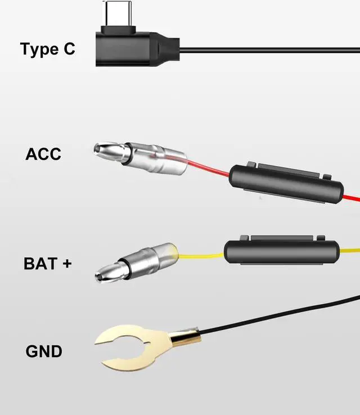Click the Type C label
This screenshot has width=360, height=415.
click(x=47, y=49)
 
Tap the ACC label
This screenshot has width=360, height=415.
click(x=43, y=154)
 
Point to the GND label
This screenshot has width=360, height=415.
click(x=44, y=352)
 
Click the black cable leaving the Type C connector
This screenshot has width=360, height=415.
click(x=270, y=50)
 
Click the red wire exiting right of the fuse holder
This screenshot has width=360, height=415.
click(x=352, y=199)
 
